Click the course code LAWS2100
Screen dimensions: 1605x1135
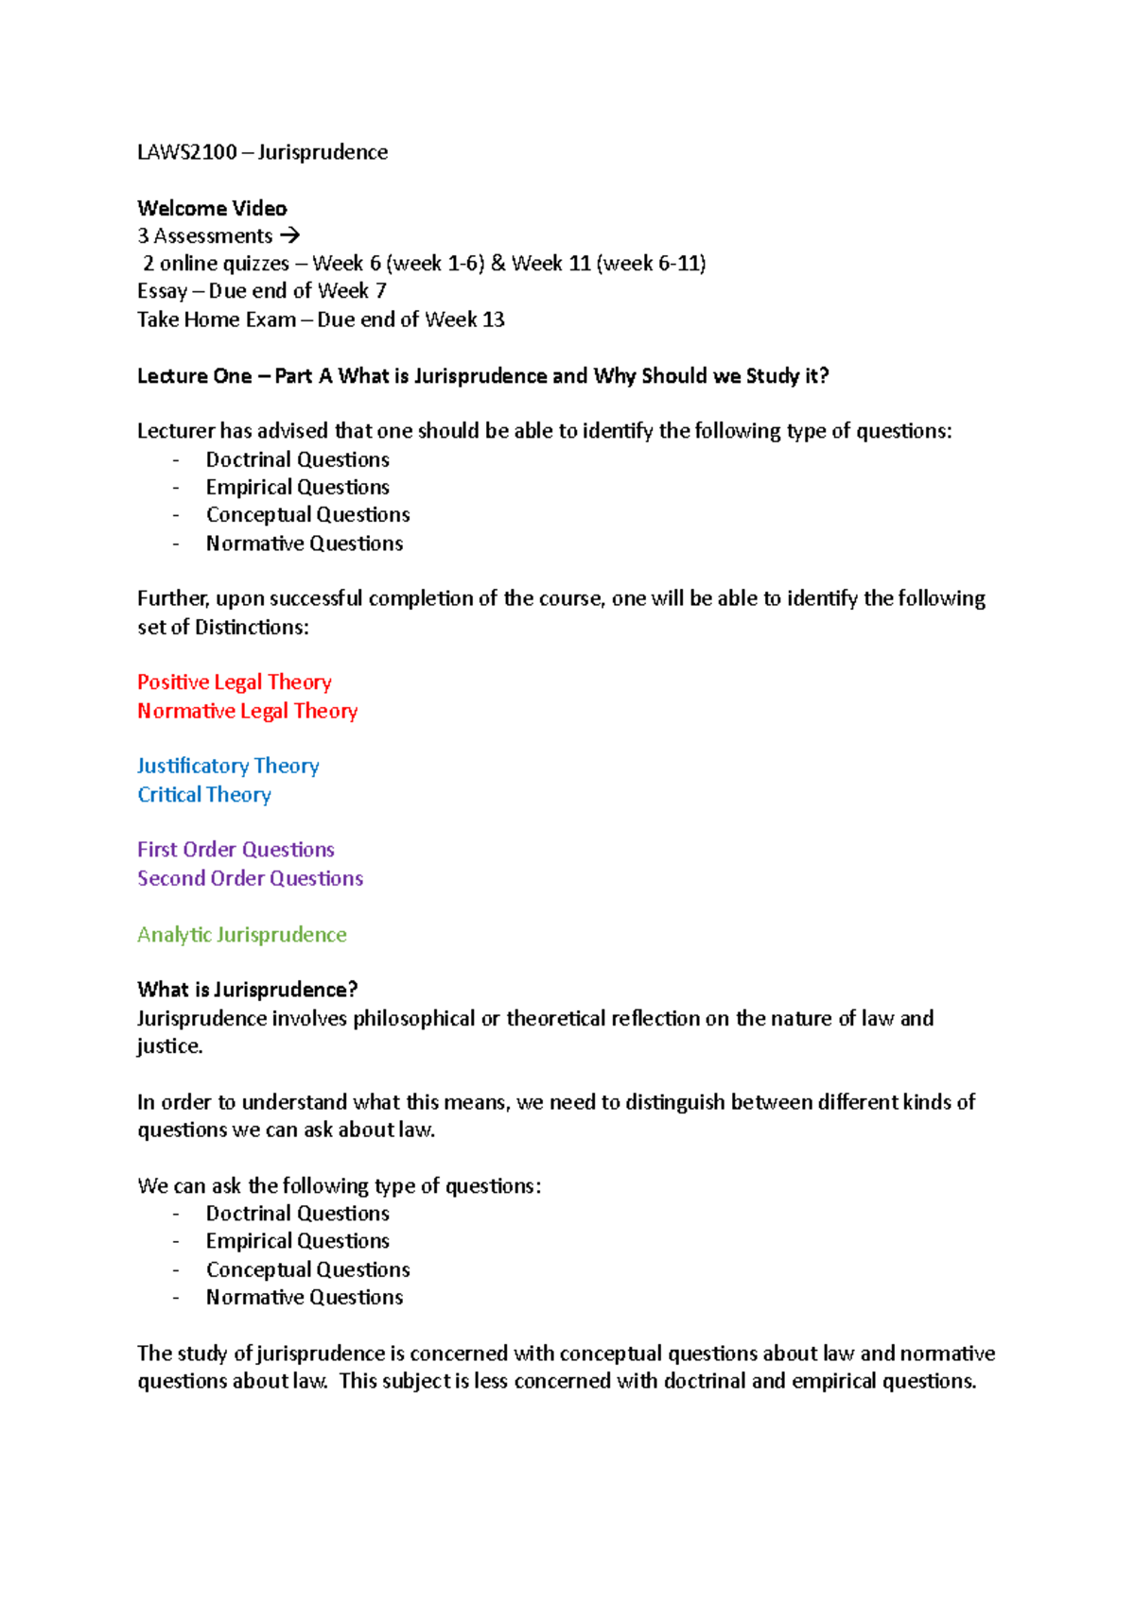click(x=186, y=152)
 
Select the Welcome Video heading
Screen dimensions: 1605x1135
click(x=212, y=208)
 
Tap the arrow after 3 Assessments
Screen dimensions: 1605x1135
click(x=289, y=235)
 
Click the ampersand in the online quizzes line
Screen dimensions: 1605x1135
click(x=498, y=263)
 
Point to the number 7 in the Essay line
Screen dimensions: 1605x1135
click(x=380, y=291)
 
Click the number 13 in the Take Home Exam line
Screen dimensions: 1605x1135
click(x=493, y=319)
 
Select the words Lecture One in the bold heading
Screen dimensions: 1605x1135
click(x=194, y=376)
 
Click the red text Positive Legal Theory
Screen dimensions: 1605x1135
click(x=234, y=682)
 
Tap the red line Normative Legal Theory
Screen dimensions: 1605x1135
click(x=247, y=711)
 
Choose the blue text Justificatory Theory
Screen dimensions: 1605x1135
click(x=228, y=766)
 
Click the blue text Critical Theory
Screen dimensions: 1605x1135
click(x=204, y=795)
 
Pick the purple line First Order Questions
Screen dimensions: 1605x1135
click(x=236, y=850)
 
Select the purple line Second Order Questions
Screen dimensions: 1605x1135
click(x=250, y=878)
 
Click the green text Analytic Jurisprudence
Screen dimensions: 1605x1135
click(x=241, y=935)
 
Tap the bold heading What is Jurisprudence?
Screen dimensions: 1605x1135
click(x=247, y=990)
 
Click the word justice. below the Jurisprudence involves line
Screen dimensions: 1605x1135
click(x=169, y=1046)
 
